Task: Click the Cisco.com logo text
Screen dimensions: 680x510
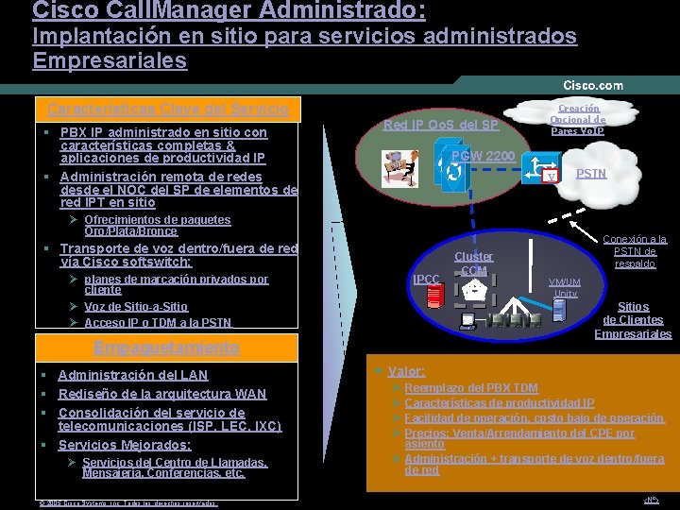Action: tap(593, 85)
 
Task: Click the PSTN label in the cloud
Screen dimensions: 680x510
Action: tap(591, 174)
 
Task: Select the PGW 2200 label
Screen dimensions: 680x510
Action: tap(483, 156)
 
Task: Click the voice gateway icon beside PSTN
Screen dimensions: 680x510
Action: tap(541, 170)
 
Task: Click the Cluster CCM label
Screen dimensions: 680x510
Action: tap(473, 263)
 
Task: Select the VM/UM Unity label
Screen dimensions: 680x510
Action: tap(565, 287)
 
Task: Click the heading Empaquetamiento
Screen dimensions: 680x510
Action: tap(165, 348)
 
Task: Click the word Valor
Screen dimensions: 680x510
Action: tap(406, 372)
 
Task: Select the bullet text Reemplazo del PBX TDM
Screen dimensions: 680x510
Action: tap(471, 388)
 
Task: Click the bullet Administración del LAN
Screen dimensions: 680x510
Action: tap(133, 375)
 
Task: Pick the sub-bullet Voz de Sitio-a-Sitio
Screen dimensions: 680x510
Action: tap(136, 307)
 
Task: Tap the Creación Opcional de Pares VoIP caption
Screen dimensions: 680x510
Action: tap(577, 120)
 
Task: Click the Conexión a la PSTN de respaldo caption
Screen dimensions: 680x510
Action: tap(639, 251)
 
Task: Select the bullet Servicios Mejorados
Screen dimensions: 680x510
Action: tap(124, 445)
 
